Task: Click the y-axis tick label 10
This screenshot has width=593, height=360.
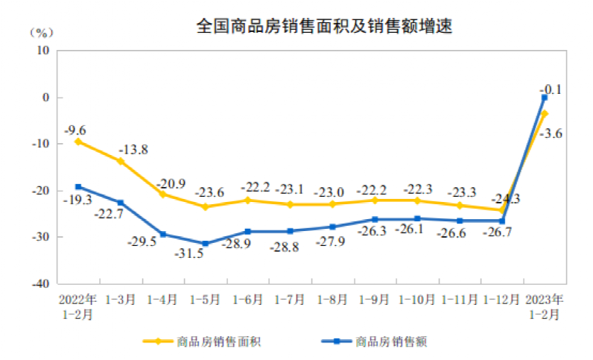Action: [x=43, y=51]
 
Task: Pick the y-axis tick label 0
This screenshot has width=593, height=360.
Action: [x=45, y=98]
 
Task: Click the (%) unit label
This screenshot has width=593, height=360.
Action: [x=42, y=33]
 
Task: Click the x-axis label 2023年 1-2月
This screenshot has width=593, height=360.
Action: [x=545, y=306]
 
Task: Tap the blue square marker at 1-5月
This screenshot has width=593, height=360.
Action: [x=205, y=244]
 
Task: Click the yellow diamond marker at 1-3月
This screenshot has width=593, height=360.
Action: [x=120, y=161]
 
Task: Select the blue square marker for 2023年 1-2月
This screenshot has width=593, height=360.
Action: [x=545, y=98]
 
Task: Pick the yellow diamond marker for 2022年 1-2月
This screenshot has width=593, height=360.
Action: [x=77, y=142]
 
